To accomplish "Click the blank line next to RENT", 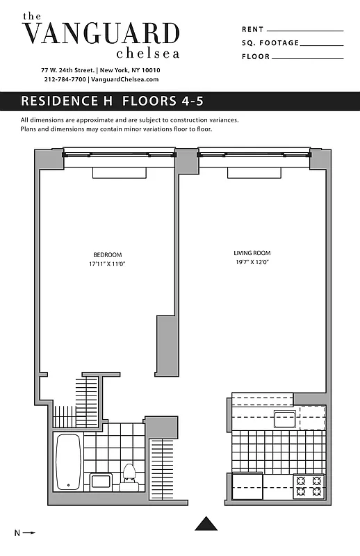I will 305,30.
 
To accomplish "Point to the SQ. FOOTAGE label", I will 270,43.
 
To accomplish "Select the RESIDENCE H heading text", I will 68,101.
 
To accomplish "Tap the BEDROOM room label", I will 108,254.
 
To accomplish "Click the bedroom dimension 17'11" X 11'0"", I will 108,265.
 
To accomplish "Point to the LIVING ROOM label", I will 252,253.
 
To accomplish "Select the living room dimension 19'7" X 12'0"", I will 252,263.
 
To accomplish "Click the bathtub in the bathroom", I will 68,461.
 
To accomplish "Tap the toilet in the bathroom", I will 129,475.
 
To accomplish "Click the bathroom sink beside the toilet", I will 101,480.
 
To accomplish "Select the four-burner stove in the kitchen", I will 309,485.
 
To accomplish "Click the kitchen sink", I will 285,420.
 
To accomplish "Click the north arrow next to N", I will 29,533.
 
